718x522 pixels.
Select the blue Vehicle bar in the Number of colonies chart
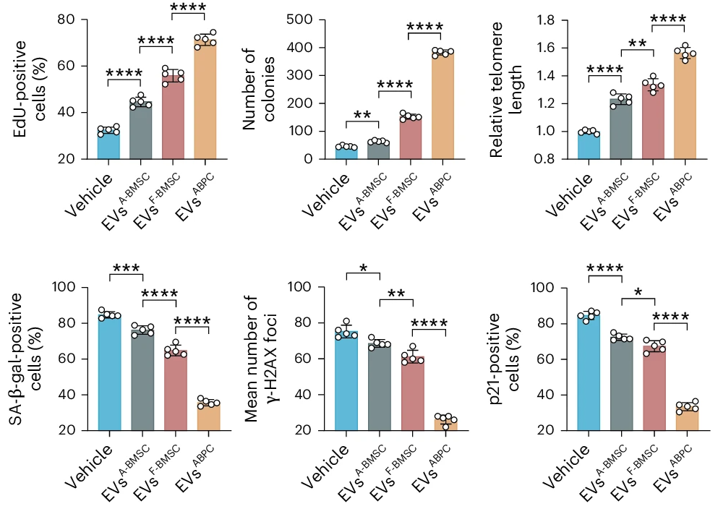pyautogui.click(x=346, y=153)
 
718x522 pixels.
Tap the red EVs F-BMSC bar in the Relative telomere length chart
pyautogui.click(x=652, y=123)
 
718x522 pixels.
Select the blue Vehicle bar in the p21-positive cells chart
pyautogui.click(x=589, y=372)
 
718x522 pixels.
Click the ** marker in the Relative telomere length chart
pyautogui.click(x=637, y=44)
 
